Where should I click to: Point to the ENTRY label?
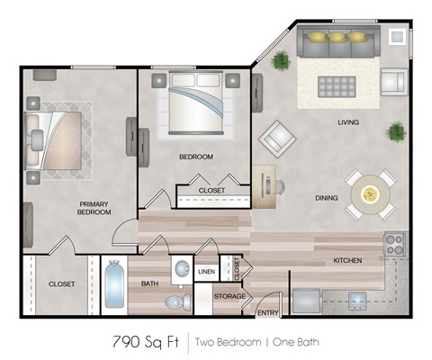tap(267, 312)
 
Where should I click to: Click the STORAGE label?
tap(230, 296)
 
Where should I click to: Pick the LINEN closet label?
tap(206, 270)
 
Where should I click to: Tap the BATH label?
tap(149, 284)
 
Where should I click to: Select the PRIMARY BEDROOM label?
tap(94, 209)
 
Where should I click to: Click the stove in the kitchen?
tap(393, 242)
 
